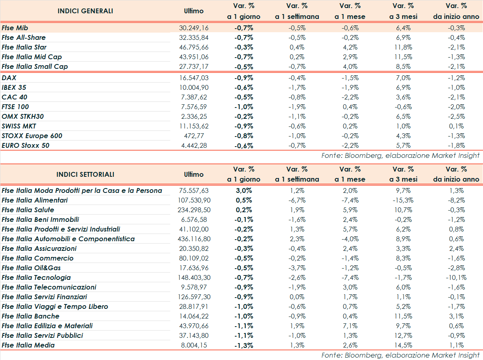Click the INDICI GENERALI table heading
pos(85,11)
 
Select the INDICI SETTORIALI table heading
pos(85,174)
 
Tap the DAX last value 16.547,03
pos(194,78)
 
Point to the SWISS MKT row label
pos(19,126)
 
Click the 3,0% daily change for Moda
pos(244,190)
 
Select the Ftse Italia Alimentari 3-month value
pos(403,200)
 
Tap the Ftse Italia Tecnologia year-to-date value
pos(456,277)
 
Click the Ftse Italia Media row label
pos(28,345)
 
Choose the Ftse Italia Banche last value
pos(194,316)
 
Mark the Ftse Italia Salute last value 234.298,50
pos(194,210)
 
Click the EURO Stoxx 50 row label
pos(26,145)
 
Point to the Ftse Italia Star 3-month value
pos(403,47)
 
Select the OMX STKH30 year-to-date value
pos(456,116)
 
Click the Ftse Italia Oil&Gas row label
pos(31,268)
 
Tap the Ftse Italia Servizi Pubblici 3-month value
pos(403,335)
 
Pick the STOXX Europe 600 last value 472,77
pos(194,136)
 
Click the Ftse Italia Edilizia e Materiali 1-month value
pos(350,326)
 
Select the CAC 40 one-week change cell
pos(297,97)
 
